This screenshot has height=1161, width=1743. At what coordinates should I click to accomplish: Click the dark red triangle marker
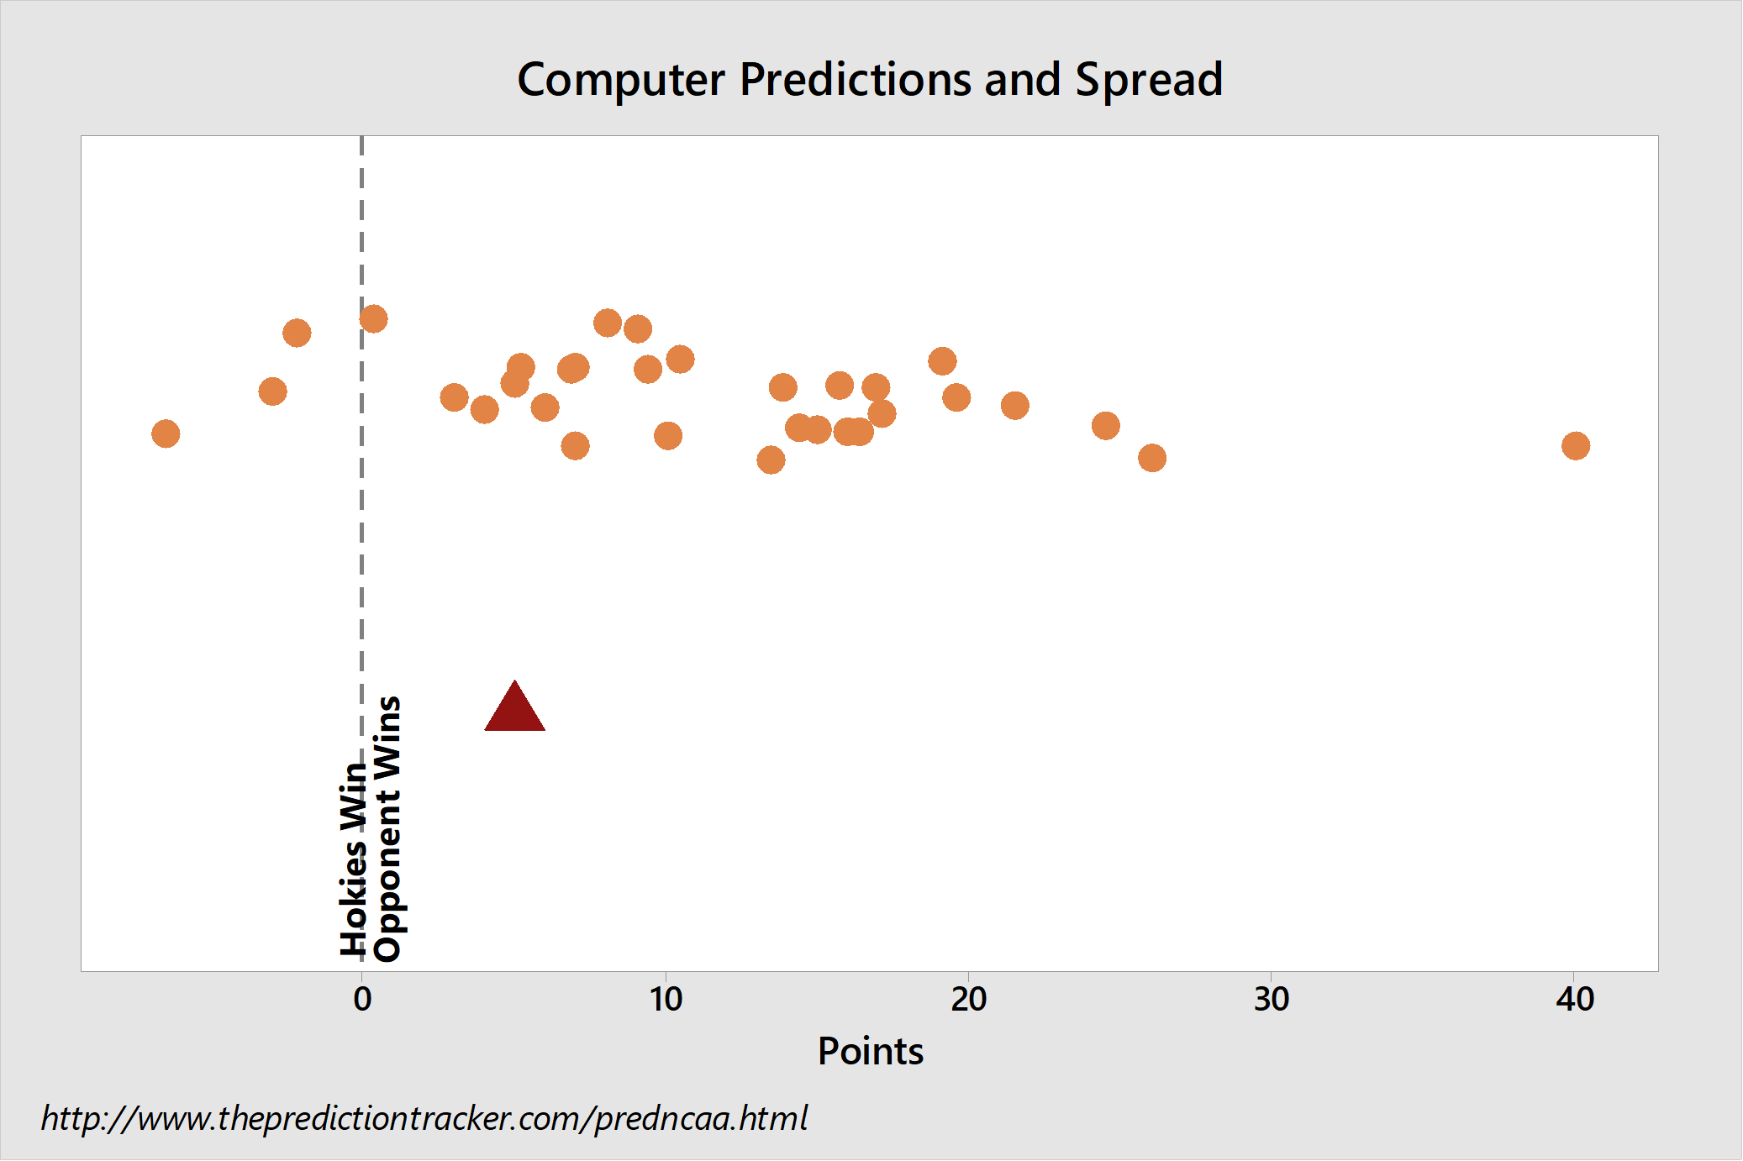click(514, 707)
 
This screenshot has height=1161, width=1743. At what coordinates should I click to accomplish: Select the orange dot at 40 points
click(1576, 445)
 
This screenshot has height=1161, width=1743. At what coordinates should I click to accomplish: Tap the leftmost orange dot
click(166, 433)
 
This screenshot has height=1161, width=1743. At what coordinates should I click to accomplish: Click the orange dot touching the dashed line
click(373, 319)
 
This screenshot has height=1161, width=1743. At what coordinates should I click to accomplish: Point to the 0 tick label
click(362, 1000)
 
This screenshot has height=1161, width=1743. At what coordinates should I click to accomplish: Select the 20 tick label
click(968, 1000)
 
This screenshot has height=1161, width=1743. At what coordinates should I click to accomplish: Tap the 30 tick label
click(1272, 1000)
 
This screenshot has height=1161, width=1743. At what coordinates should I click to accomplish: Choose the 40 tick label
click(1575, 1000)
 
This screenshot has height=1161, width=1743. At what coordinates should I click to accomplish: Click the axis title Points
click(871, 1052)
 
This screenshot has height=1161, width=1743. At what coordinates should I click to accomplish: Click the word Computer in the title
click(621, 81)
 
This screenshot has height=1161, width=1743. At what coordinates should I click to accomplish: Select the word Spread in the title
click(1149, 81)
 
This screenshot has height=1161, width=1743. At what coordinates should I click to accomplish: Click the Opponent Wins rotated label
click(387, 828)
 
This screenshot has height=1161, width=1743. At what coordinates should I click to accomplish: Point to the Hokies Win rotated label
click(354, 859)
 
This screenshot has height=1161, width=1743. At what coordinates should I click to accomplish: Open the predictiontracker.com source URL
click(424, 1119)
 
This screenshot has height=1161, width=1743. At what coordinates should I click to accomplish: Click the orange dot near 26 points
click(1152, 458)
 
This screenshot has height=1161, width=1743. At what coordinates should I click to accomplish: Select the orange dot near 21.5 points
click(1015, 406)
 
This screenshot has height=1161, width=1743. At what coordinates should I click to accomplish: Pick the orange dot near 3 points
click(454, 397)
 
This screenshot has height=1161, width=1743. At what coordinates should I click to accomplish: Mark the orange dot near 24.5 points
click(1106, 426)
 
